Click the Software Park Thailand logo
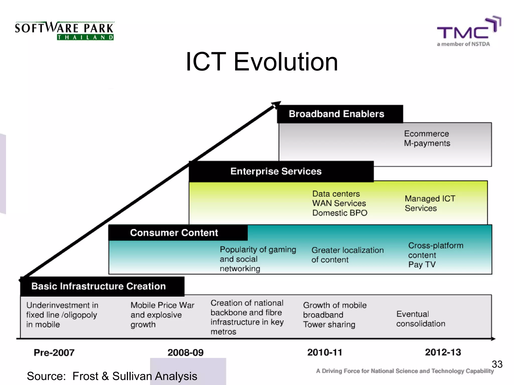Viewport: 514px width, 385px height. pyautogui.click(x=65, y=31)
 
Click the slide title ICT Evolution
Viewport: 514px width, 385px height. pyautogui.click(x=262, y=62)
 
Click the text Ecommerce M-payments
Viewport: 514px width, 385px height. pyautogui.click(x=427, y=138)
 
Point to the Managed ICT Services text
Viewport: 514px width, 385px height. pyautogui.click(x=430, y=203)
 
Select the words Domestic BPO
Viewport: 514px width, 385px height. pyautogui.click(x=340, y=213)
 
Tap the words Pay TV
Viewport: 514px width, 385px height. pyautogui.click(x=422, y=264)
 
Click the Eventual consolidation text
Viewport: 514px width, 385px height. pyautogui.click(x=421, y=319)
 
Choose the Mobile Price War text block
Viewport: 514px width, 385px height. pyautogui.click(x=162, y=315)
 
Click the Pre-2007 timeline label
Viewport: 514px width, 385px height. pyautogui.click(x=54, y=353)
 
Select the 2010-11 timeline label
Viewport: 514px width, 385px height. pyautogui.click(x=325, y=352)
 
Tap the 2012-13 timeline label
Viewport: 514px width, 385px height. pyautogui.click(x=443, y=352)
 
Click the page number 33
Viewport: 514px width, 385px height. pyautogui.click(x=497, y=364)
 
